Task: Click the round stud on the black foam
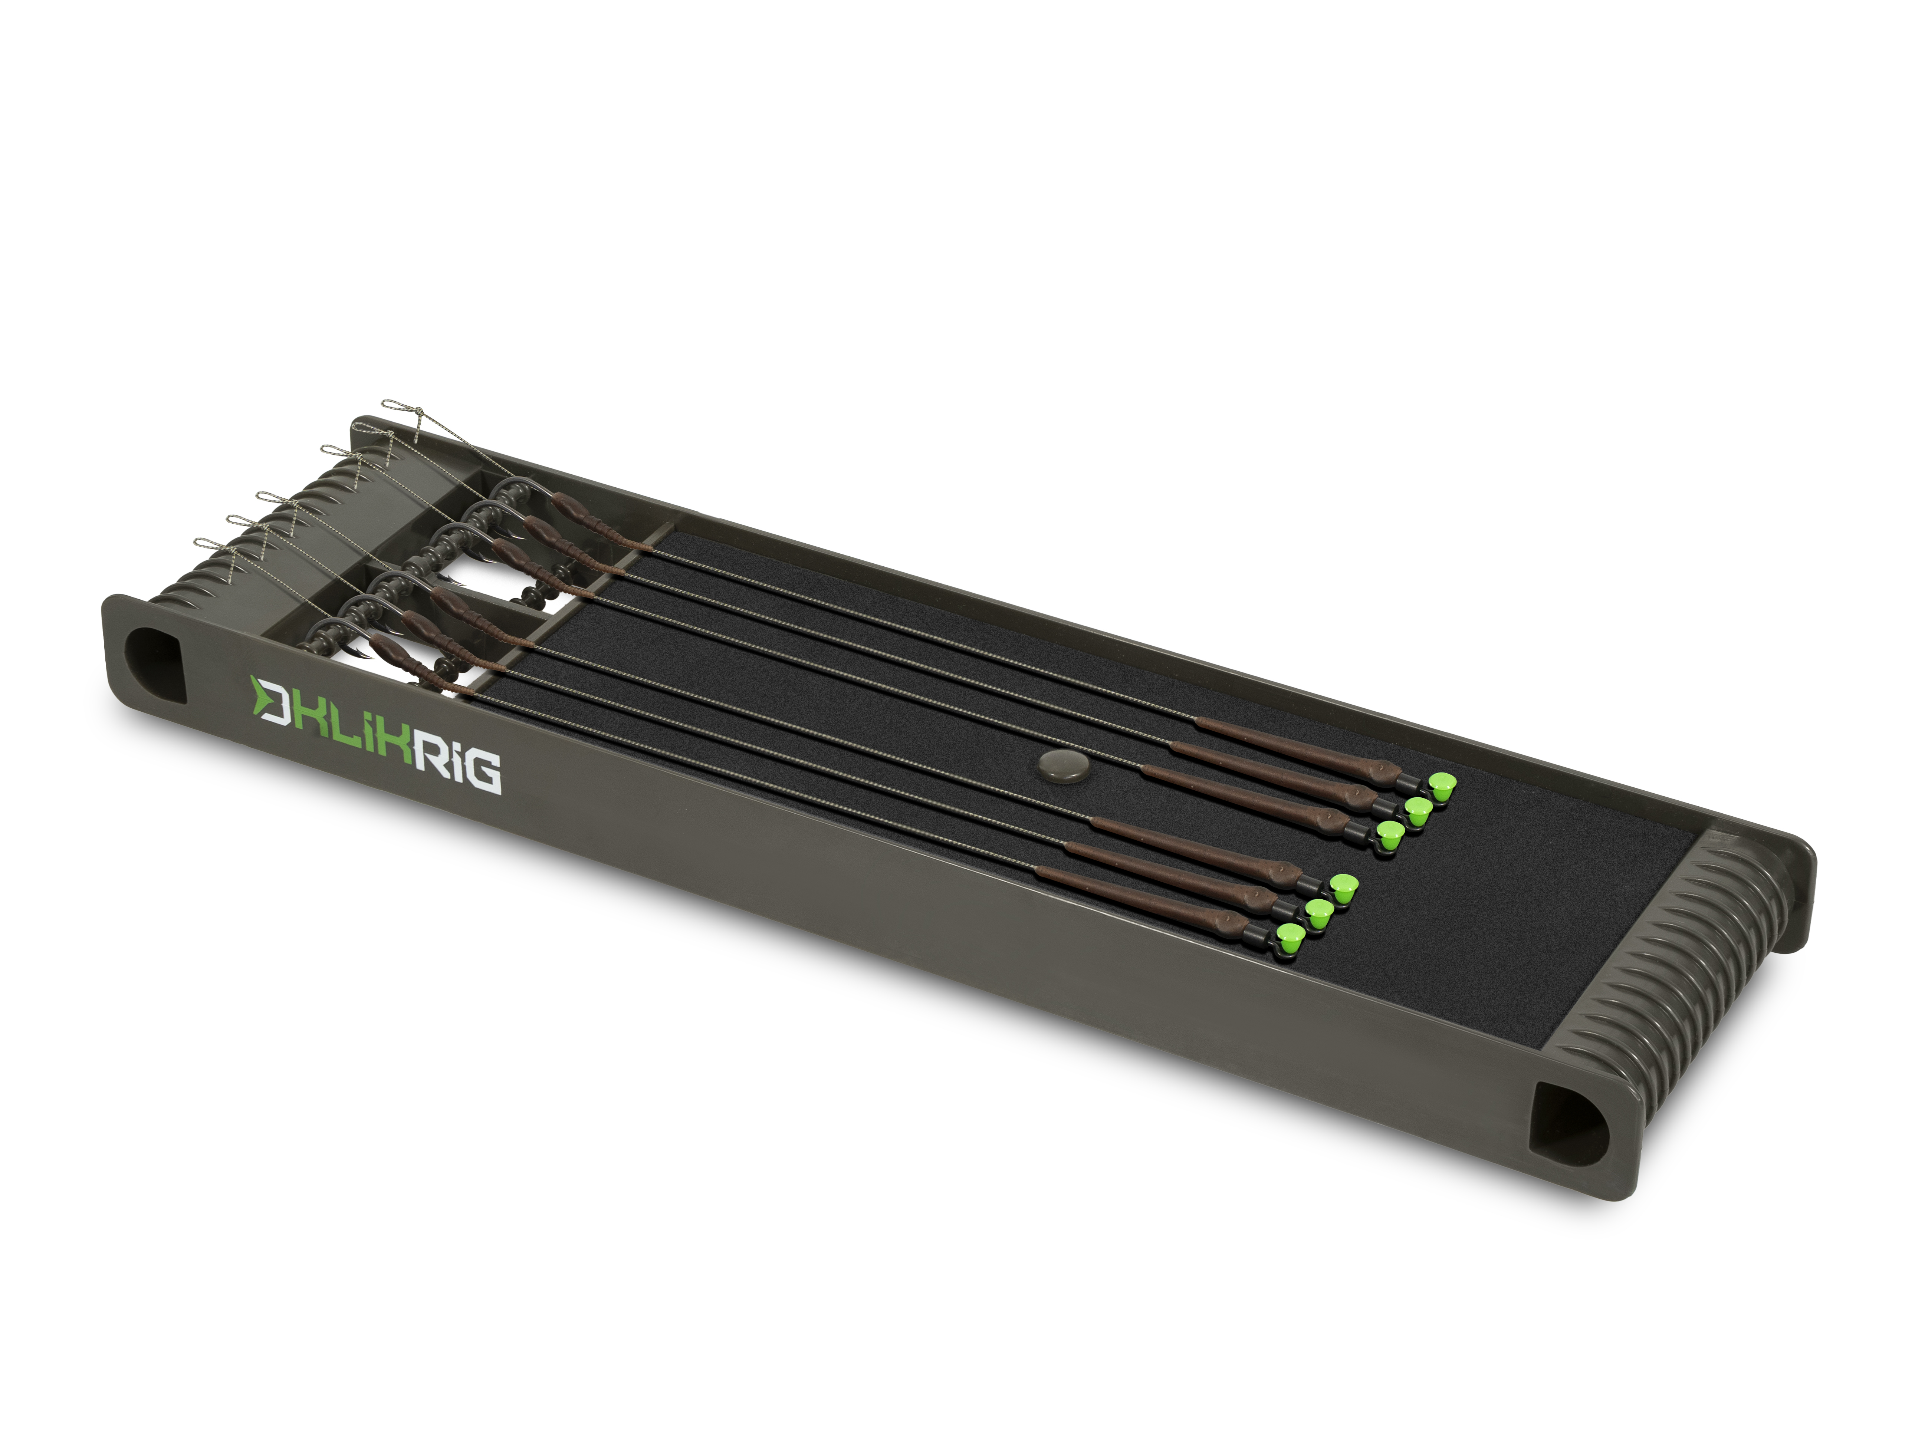tap(1056, 766)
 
